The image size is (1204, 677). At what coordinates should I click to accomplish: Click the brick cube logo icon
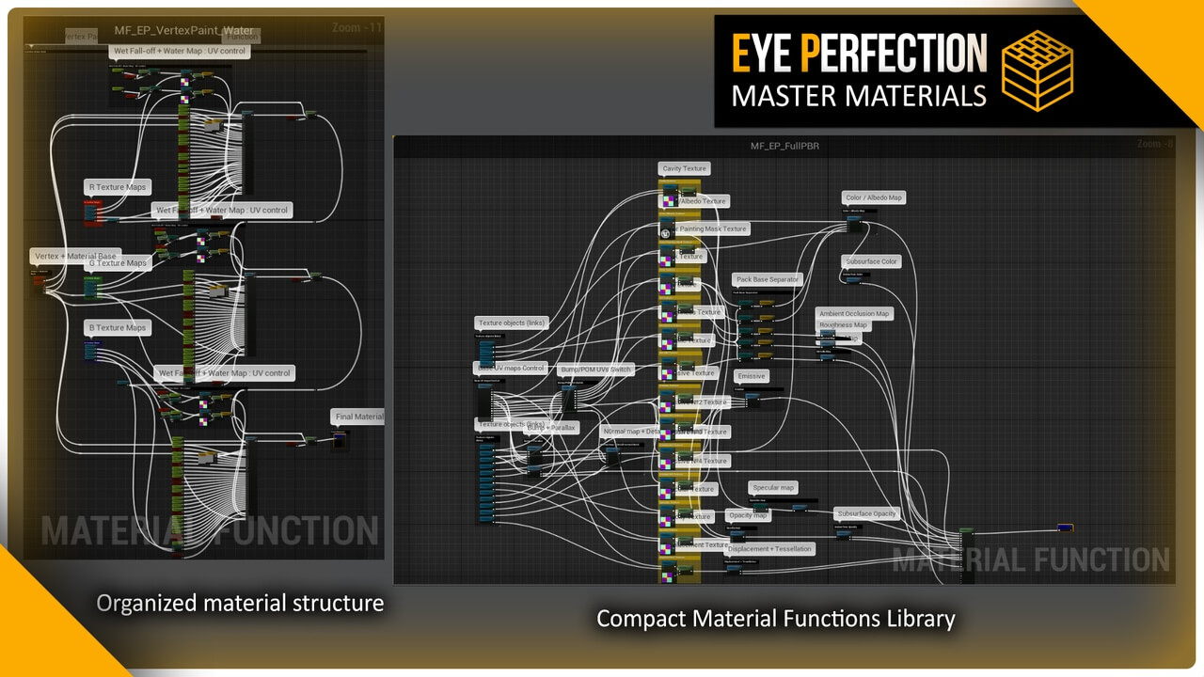1038,71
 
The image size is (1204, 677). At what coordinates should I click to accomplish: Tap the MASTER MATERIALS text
859,95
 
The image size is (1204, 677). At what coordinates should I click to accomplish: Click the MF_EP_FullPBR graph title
777,146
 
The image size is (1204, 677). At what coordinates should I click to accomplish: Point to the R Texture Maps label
119,187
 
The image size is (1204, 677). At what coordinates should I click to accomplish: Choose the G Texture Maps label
119,263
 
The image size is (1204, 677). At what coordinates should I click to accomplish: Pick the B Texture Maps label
119,327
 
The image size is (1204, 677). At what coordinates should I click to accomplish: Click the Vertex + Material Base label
75,256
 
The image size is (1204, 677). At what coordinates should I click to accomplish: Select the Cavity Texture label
684,168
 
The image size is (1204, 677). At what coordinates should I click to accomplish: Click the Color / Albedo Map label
874,197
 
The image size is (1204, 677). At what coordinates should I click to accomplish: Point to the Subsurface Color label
872,261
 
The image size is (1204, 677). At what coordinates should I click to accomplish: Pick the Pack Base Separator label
768,279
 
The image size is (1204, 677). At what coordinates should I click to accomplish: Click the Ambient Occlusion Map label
854,313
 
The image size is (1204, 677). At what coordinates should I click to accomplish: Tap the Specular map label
773,487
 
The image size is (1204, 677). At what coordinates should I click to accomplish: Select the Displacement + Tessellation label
769,548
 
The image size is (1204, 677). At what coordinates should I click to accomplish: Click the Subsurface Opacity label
867,513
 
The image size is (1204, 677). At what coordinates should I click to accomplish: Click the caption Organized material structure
240,603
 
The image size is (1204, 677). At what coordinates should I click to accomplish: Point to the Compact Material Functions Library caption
776,619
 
